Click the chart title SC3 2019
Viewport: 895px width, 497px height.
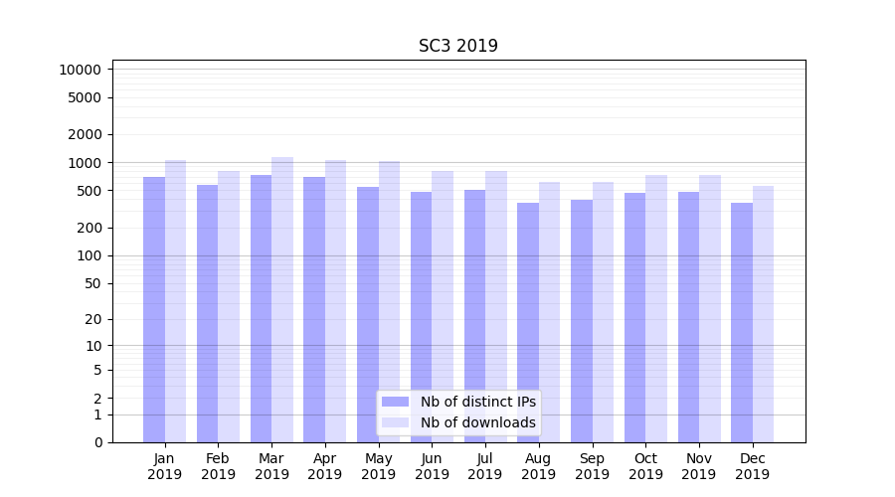tap(457, 46)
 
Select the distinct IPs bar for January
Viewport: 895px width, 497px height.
tap(154, 308)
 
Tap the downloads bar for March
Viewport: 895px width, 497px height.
tap(282, 298)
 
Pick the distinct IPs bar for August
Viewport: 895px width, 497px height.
tap(528, 322)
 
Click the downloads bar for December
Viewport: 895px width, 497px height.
tap(763, 313)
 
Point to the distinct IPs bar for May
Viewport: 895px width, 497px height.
tap(368, 314)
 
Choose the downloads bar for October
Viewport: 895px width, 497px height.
tap(656, 308)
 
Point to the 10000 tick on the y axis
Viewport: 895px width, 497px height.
tap(80, 70)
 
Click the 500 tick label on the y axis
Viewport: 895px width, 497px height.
tap(88, 191)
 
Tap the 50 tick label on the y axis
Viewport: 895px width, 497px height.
tap(91, 283)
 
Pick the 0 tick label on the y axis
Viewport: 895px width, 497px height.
tap(97, 442)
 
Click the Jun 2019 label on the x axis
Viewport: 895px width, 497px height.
tap(432, 466)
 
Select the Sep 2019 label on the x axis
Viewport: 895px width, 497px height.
tap(592, 466)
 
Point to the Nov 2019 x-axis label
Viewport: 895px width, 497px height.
tap(699, 466)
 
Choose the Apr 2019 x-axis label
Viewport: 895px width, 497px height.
tap(325, 466)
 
